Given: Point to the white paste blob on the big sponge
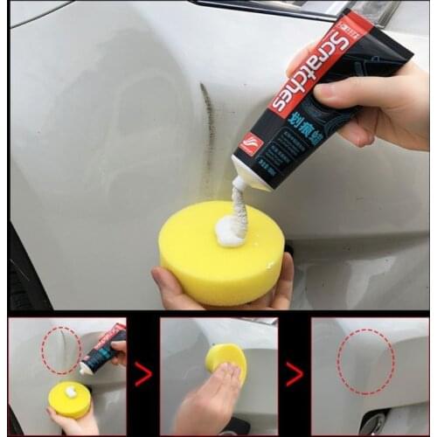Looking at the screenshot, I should pyautogui.click(x=231, y=230).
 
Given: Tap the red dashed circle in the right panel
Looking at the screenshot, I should pyautogui.click(x=365, y=361).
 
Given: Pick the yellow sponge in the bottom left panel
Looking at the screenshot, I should pyautogui.click(x=69, y=399).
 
